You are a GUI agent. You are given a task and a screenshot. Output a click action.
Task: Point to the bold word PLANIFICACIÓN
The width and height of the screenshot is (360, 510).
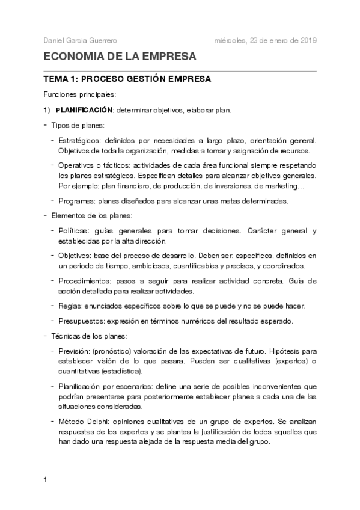(x=84, y=110)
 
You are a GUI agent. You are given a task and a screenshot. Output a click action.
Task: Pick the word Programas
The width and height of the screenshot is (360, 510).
(x=75, y=201)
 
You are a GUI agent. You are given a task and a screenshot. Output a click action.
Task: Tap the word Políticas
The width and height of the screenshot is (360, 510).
(x=73, y=231)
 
